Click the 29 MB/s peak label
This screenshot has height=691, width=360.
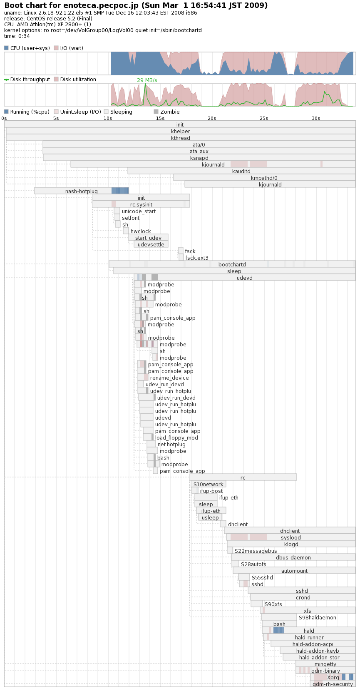click(147, 80)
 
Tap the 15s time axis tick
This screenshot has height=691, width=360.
click(160, 118)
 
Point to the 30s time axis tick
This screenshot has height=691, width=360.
click(316, 118)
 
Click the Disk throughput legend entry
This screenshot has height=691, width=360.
click(27, 79)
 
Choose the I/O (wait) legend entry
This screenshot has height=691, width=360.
click(69, 48)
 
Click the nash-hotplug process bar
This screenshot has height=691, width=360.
click(82, 191)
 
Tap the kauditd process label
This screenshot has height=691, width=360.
click(241, 171)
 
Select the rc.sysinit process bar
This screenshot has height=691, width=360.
click(141, 204)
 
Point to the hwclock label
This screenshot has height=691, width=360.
click(141, 231)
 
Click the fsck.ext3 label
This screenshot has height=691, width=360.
click(197, 258)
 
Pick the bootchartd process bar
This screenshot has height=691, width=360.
click(232, 264)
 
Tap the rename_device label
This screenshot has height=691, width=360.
click(169, 378)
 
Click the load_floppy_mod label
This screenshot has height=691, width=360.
click(176, 438)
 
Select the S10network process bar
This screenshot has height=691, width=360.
click(208, 484)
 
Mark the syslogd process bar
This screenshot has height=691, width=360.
click(291, 538)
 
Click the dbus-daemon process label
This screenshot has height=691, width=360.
click(293, 557)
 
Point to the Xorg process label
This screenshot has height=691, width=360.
click(333, 677)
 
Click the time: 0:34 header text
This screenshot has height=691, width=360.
click(17, 36)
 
